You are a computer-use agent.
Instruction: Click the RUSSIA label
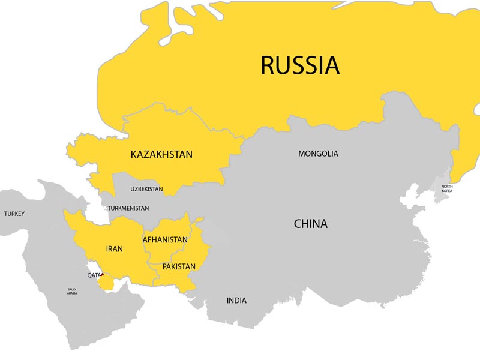(299, 65)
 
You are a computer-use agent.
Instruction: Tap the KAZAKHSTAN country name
(161, 155)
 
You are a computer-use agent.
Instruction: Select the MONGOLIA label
(318, 154)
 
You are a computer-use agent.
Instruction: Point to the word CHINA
(310, 224)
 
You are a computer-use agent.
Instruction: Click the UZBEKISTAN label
(146, 189)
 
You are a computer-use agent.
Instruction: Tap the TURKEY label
(14, 214)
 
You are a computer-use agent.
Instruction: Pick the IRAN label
(114, 248)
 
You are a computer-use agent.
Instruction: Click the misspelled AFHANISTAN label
(165, 239)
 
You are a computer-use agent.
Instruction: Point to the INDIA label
(236, 301)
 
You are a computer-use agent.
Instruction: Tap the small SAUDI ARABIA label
(71, 292)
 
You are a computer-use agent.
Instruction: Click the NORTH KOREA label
(447, 188)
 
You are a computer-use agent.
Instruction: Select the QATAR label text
(94, 275)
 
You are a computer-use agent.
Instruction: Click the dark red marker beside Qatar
(103, 274)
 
